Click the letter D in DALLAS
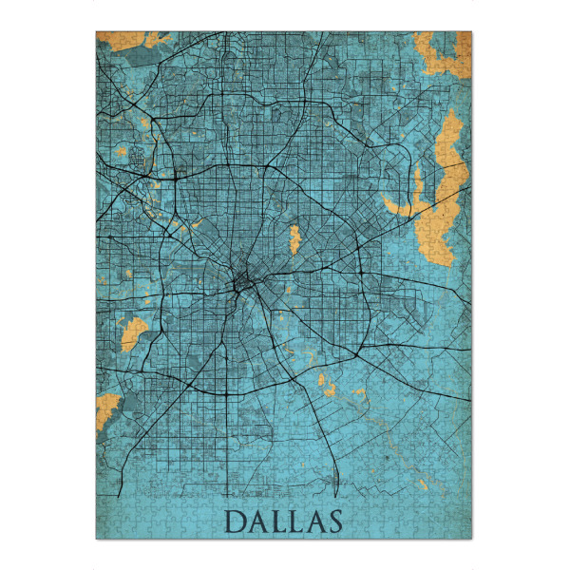[x=235, y=522]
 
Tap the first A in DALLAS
[x=257, y=522]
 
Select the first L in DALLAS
[x=278, y=522]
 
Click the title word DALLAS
[x=284, y=522]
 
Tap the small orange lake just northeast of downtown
[x=294, y=237]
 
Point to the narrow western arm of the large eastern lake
[x=399, y=204]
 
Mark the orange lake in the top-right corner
[x=442, y=52]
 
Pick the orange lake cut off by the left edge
[x=106, y=408]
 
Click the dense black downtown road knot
[x=241, y=282]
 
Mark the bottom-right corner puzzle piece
[x=466, y=533]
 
